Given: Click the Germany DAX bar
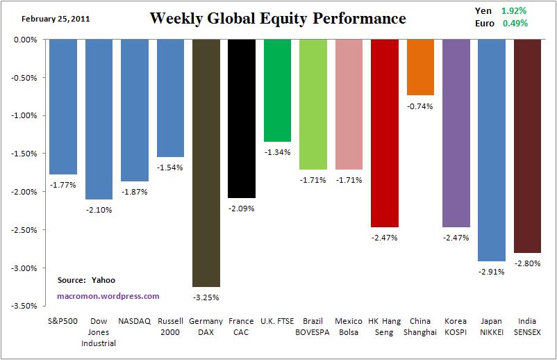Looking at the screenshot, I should point(206,163).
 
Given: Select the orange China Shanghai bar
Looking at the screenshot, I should point(420,67).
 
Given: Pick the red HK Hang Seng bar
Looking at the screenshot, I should point(384,133).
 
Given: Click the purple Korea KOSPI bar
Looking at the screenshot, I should point(456,133).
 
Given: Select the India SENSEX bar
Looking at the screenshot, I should point(527,146).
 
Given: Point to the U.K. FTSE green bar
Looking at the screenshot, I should point(277,90).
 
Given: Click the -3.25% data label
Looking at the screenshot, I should point(206,297).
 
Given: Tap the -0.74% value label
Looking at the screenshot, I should point(420,106).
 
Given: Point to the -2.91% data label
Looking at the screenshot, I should point(492,272).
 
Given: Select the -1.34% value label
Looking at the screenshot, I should point(277,152).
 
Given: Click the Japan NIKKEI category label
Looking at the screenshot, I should point(492,326).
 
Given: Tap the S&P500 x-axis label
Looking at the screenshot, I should point(63,321).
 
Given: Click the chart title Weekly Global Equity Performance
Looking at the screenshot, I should point(277,18).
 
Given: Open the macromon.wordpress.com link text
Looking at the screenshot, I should point(108,295).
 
